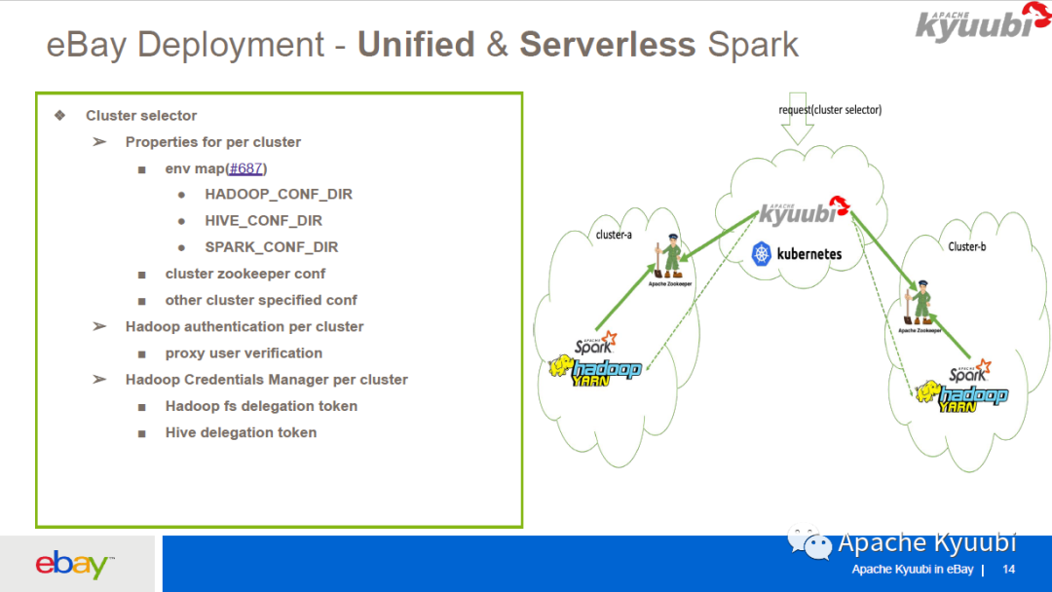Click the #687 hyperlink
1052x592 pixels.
pos(246,168)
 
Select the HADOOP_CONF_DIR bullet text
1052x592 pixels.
pos(279,195)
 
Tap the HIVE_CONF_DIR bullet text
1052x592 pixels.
pos(263,221)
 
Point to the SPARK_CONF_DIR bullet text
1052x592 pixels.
pos(272,247)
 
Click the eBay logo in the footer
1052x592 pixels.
pos(74,564)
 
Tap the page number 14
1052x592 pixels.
pos(1008,570)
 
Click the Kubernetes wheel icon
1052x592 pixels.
pos(762,254)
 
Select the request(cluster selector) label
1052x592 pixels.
pos(830,110)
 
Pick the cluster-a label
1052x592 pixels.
pos(614,235)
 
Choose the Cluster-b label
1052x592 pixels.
pos(966,247)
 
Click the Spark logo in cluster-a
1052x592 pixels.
pos(595,343)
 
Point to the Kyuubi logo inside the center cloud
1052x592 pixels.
pos(804,211)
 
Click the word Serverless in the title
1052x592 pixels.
pos(607,45)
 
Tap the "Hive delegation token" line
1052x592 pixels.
pos(241,432)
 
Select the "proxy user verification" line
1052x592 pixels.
pos(244,353)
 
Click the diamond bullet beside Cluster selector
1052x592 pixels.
pos(60,115)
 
